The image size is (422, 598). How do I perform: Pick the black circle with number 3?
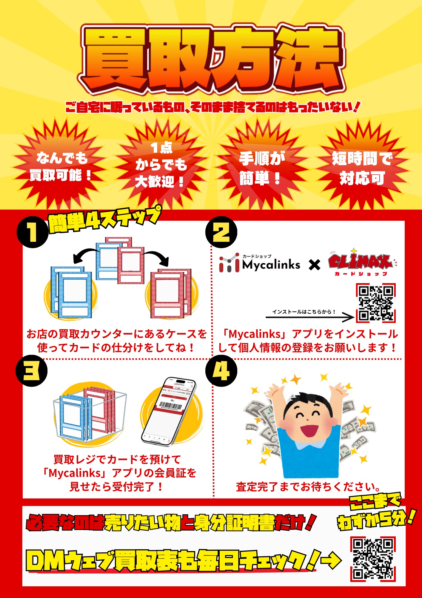[31, 371]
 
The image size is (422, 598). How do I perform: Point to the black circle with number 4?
[221, 371]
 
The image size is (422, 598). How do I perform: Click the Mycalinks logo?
[260, 263]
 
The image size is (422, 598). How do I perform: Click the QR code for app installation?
[376, 303]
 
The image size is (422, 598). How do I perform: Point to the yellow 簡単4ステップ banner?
[104, 220]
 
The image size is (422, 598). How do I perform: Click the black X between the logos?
[315, 265]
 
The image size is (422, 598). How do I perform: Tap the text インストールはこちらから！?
[304, 312]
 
